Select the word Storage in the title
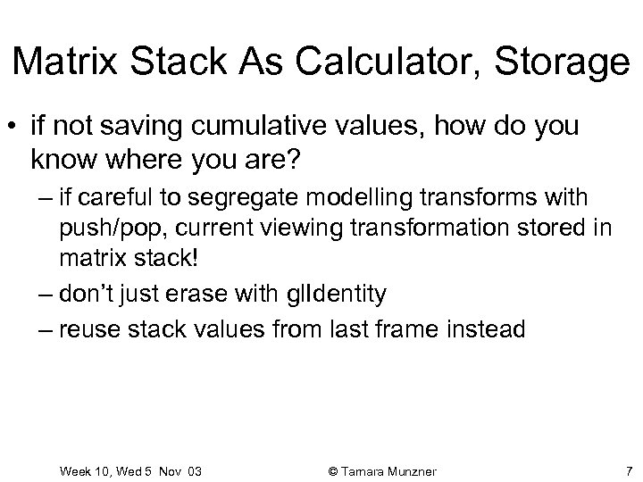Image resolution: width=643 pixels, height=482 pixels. (564, 62)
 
